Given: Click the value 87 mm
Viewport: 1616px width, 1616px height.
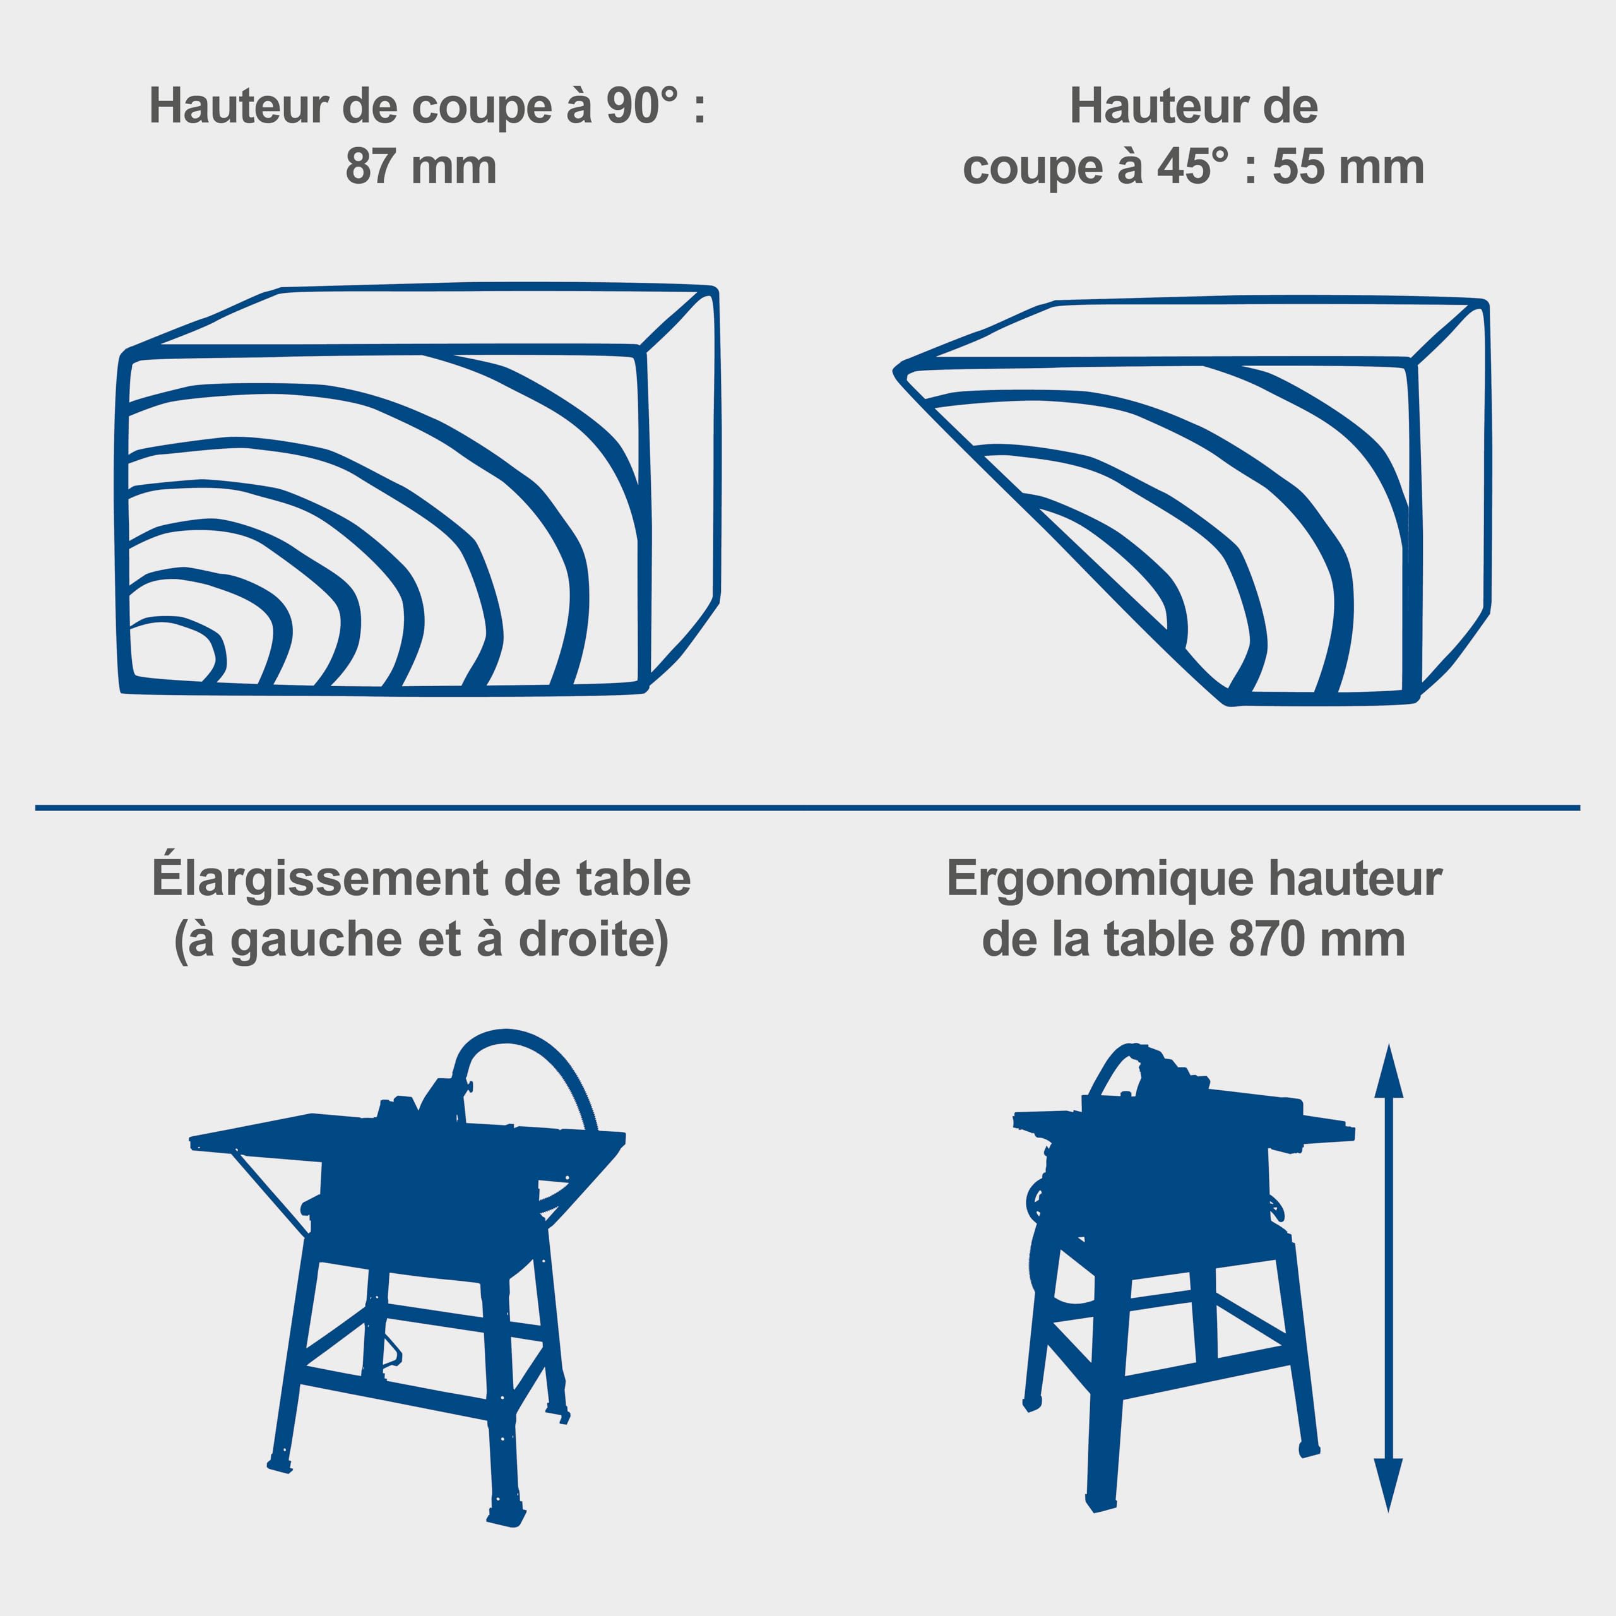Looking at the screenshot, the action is (421, 167).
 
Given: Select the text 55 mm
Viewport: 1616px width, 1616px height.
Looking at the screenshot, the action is (1348, 167).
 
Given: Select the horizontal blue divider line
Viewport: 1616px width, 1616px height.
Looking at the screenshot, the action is (807, 808).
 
